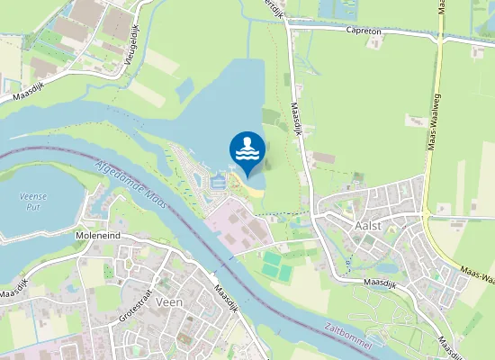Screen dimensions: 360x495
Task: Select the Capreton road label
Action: (x=365, y=31)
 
